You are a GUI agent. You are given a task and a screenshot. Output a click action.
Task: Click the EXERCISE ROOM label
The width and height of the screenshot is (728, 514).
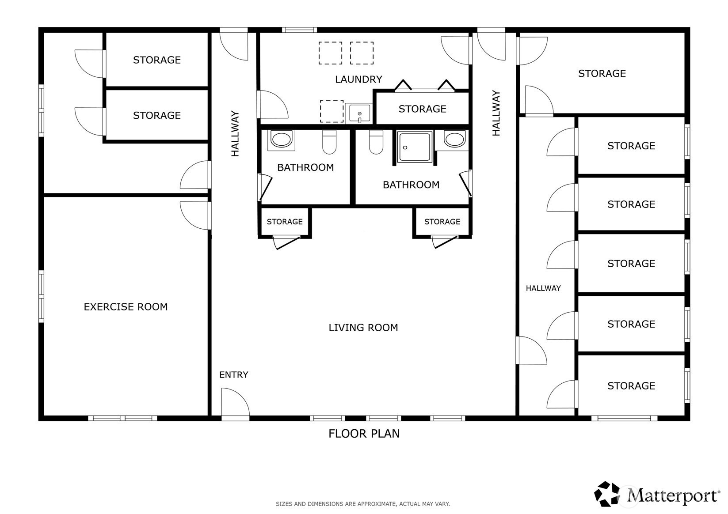126,307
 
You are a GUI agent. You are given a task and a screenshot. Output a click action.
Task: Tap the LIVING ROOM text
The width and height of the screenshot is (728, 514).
363,328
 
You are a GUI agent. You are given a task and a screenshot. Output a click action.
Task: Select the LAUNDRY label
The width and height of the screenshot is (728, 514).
358,79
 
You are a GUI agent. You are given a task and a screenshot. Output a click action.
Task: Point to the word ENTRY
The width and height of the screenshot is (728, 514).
234,375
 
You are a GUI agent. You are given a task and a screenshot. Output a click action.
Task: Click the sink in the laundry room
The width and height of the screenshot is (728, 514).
359,113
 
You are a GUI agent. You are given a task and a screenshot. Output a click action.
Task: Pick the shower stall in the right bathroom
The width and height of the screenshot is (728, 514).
415,147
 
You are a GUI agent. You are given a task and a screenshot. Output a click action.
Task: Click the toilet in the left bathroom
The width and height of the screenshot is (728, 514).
329,142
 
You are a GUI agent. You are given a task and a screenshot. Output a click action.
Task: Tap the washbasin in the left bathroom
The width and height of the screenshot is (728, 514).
282,140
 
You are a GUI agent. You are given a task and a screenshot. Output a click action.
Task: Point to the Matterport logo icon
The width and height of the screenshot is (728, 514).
607,494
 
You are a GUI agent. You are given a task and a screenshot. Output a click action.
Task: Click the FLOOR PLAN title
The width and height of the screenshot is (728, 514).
364,434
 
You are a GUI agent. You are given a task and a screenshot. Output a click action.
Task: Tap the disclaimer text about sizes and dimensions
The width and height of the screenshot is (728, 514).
363,504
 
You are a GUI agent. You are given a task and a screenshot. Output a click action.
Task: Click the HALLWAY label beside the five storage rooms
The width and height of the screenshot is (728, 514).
543,288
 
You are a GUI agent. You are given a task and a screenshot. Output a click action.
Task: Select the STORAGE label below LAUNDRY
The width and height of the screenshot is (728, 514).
423,109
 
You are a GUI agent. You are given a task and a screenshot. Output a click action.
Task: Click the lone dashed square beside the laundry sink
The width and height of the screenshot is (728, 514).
332,111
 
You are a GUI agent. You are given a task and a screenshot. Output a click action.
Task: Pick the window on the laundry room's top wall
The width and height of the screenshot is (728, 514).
299,30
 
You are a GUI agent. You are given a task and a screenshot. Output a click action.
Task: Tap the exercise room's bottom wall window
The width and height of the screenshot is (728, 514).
122,418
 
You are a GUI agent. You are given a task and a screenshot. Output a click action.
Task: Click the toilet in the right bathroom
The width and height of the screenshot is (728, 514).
376,142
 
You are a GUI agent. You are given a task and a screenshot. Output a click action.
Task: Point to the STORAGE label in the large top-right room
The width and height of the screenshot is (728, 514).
602,74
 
